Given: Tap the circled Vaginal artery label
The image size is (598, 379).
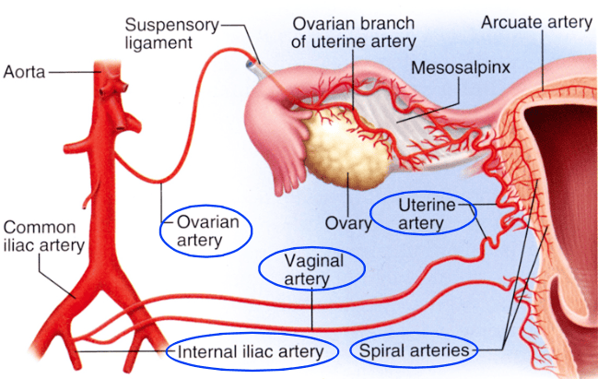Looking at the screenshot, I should [313, 269].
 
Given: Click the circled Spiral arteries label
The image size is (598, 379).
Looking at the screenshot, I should [416, 350].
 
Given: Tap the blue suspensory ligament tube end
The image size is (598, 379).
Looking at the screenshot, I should [251, 67].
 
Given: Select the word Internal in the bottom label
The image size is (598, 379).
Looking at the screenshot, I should [200, 350].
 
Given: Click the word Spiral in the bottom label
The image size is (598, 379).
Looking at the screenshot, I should [379, 350].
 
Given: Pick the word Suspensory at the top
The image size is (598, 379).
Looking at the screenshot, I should [162, 22].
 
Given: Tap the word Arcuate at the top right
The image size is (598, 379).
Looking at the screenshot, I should [507, 20].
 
